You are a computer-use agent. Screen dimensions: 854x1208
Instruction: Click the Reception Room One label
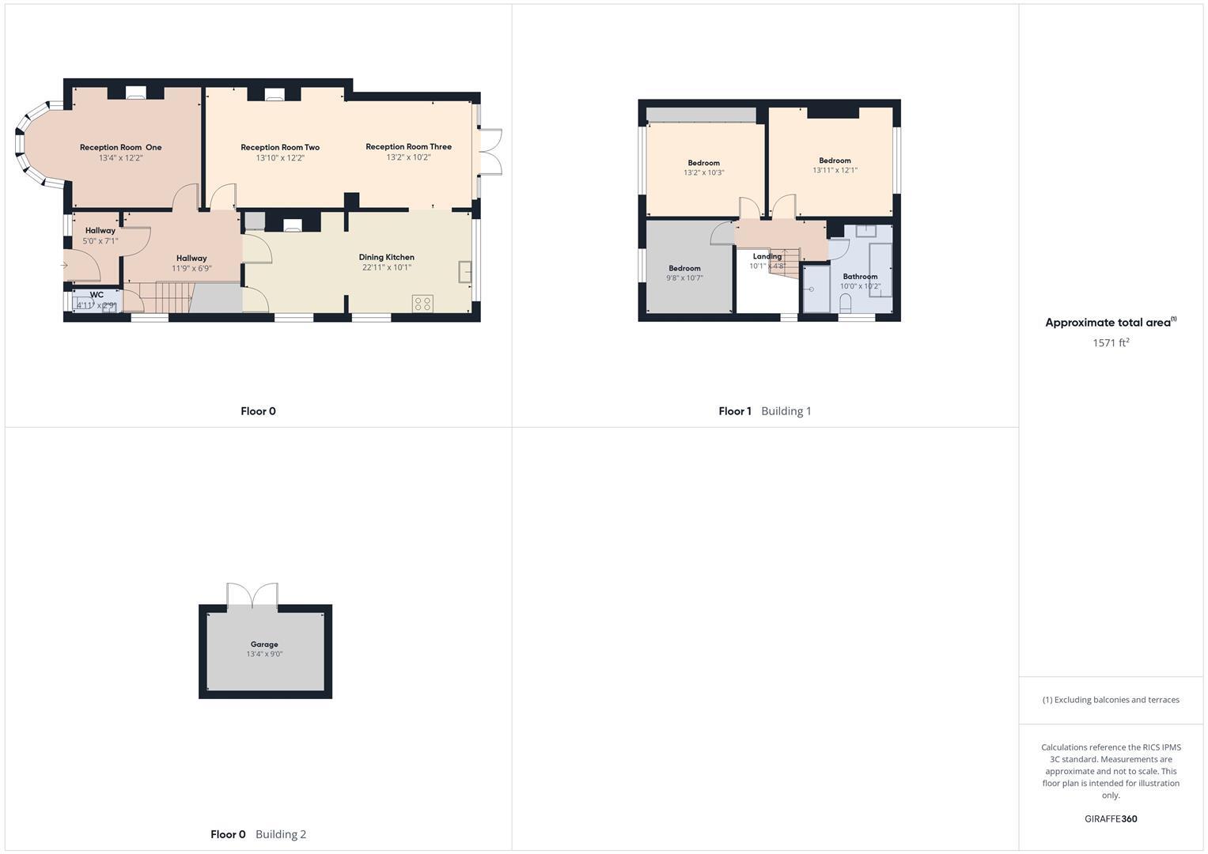tap(120, 147)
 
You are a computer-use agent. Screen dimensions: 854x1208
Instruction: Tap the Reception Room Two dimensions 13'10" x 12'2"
tap(280, 158)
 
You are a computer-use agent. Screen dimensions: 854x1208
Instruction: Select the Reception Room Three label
tap(408, 146)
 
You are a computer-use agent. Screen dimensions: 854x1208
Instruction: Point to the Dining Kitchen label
tap(386, 257)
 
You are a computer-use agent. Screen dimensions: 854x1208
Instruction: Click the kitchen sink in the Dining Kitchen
tap(465, 272)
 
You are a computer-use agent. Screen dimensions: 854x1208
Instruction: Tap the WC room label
tap(97, 295)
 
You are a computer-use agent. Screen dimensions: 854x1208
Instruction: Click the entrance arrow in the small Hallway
tap(64, 266)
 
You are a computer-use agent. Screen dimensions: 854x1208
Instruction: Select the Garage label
tap(264, 644)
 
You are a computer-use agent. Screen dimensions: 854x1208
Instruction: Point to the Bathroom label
tap(860, 277)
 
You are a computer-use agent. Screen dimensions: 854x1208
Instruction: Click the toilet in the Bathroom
tap(845, 303)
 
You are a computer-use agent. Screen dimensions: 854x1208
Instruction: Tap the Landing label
tap(767, 256)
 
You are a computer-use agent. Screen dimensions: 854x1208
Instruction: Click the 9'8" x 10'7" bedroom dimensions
tap(684, 278)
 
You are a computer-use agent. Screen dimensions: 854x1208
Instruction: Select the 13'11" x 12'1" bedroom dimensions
tap(835, 171)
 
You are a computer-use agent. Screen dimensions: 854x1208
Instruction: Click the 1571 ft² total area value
tap(1110, 342)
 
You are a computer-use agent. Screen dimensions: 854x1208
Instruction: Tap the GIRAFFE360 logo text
tap(1110, 819)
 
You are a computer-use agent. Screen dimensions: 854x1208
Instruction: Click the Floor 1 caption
tap(734, 411)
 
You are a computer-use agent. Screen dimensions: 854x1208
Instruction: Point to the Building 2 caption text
tap(281, 834)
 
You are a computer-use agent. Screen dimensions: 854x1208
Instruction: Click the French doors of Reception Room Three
tap(490, 150)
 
